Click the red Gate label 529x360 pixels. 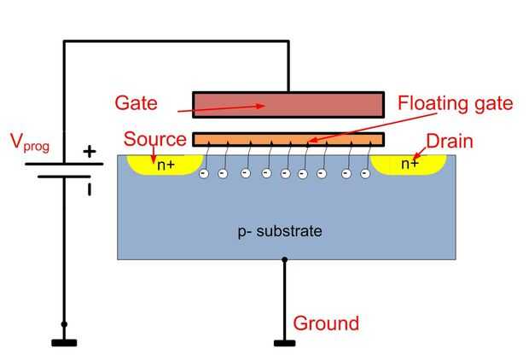tap(137, 103)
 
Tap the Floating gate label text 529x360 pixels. tap(455, 104)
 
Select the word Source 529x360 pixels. tap(154, 139)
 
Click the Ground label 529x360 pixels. tap(326, 323)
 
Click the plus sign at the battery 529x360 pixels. tap(88, 152)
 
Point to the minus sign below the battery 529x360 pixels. tap(88, 189)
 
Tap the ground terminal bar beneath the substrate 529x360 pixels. tap(284, 343)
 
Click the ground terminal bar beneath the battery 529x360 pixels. tap(64, 343)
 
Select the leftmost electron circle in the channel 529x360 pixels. tap(203, 175)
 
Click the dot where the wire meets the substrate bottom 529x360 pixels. tap(284, 259)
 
